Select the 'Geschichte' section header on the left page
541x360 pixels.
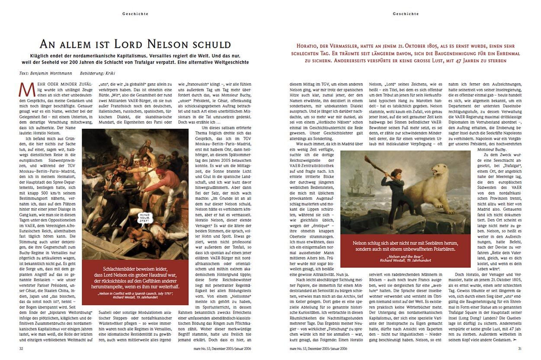(135, 14)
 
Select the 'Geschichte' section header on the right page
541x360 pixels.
(406, 14)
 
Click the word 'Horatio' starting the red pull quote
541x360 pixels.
(309, 46)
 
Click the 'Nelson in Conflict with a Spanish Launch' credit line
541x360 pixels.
(135, 294)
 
